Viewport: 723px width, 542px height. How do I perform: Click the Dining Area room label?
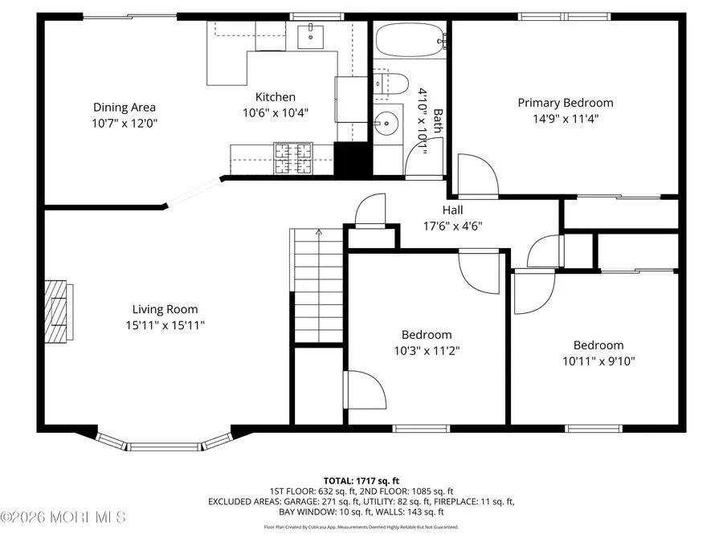(124, 107)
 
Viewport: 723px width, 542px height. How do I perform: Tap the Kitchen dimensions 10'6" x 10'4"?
(276, 113)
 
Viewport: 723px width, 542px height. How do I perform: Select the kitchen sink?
(310, 35)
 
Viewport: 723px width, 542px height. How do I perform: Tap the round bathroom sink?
(388, 123)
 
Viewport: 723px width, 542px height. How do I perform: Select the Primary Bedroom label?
(565, 103)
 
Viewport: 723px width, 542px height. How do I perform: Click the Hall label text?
(452, 210)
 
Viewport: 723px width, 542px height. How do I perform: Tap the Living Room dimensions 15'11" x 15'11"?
(165, 325)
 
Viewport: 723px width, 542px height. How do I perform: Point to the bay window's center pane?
(165, 446)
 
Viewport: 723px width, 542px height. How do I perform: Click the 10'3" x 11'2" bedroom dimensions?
(426, 350)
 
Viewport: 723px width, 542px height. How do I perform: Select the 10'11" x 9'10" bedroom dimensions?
(598, 361)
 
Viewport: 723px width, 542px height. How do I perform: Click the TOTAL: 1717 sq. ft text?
(361, 479)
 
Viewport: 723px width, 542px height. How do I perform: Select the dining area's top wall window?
(130, 16)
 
